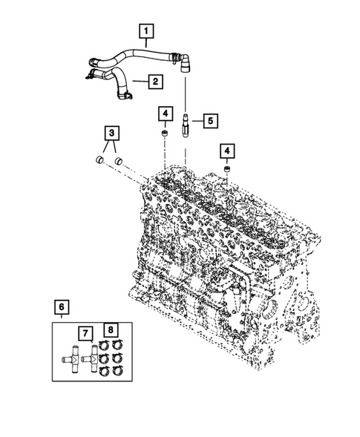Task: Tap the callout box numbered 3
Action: [x=111, y=134]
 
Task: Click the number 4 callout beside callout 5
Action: [x=165, y=114]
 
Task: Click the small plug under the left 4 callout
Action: [x=165, y=134]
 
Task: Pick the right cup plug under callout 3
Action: [x=117, y=160]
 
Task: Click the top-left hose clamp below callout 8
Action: [x=104, y=344]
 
